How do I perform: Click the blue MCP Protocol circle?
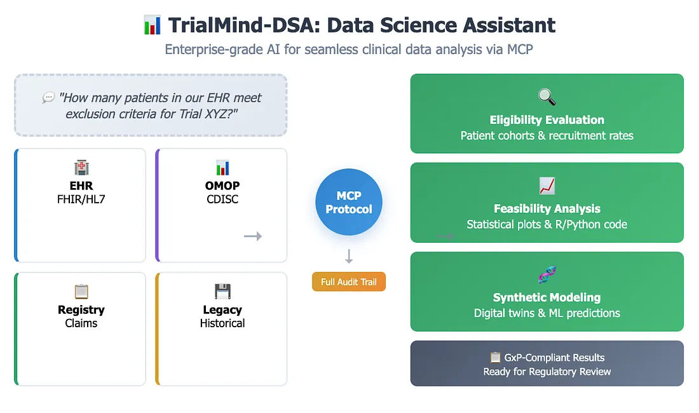point(348,202)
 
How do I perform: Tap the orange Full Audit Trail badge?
point(348,281)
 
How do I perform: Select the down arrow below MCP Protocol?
point(348,257)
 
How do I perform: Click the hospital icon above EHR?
point(81,168)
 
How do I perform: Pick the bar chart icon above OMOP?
point(222,168)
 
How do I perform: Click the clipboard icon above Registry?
point(81,292)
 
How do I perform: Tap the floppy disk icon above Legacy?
point(222,292)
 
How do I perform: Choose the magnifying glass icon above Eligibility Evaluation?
point(546,97)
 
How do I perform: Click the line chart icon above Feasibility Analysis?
point(546,186)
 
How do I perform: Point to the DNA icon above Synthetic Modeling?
point(546,275)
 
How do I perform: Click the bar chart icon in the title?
point(153,25)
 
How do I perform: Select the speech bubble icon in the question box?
point(48,98)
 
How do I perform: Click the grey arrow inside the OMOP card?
point(253,236)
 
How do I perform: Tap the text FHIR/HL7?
point(81,200)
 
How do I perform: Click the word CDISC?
point(222,200)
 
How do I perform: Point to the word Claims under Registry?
point(81,323)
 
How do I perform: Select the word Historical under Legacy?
point(222,323)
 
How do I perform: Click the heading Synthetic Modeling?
point(546,297)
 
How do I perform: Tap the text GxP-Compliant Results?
point(553,358)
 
